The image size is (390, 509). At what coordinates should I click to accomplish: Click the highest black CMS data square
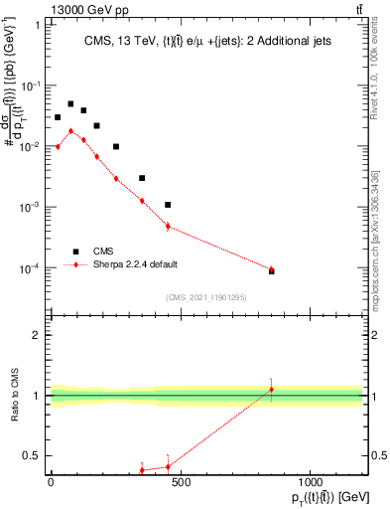[x=70, y=103]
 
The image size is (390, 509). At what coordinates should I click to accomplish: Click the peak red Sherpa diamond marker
[x=70, y=130]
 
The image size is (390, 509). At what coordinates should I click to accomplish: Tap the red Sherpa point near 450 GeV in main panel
[x=168, y=226]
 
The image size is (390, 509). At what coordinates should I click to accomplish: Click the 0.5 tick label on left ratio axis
[x=32, y=456]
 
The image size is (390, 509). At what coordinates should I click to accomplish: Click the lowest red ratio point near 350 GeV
[x=142, y=470]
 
